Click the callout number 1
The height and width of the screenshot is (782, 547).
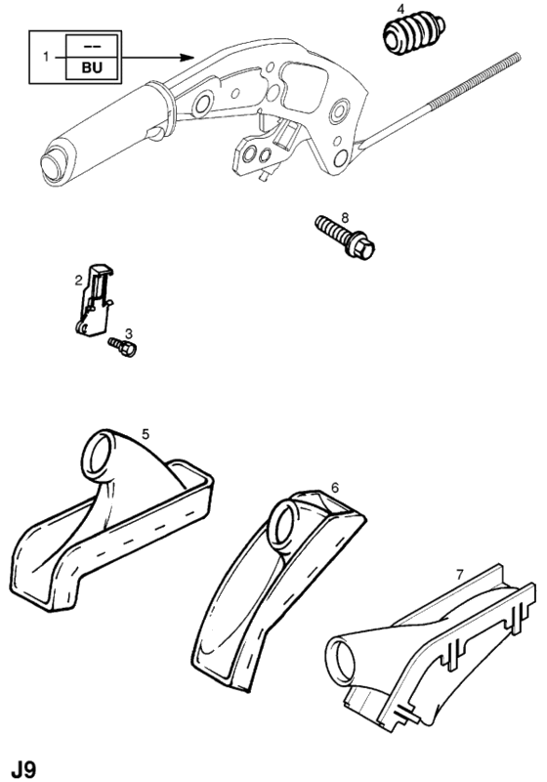(46, 57)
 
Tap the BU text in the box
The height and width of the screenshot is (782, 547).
(92, 67)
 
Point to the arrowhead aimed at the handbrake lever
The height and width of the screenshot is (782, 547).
(188, 57)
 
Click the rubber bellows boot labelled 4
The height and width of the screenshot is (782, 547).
(413, 34)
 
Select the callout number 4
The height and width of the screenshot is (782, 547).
(401, 9)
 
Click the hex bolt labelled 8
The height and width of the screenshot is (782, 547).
(345, 238)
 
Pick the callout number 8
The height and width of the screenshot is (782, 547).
(345, 217)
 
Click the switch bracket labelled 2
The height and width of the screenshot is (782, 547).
(96, 301)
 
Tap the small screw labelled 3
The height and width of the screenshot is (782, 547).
(122, 347)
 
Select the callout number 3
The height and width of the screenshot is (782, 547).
(129, 333)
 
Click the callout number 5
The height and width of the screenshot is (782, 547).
(145, 434)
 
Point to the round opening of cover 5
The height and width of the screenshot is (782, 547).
(101, 454)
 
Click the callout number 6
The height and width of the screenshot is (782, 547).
(335, 487)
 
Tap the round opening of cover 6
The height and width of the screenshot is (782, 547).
(284, 526)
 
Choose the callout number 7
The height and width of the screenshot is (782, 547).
(460, 575)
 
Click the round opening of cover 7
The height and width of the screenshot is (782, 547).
(343, 659)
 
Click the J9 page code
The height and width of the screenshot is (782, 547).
(23, 768)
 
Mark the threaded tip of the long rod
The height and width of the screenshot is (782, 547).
(516, 57)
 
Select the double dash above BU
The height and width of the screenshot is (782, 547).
(92, 46)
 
